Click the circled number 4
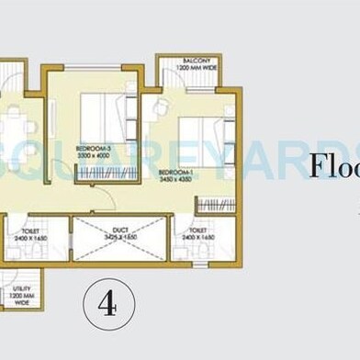109,302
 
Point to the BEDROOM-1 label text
174,172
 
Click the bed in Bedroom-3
101,115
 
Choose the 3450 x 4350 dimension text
174,179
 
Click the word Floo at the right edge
333,167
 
